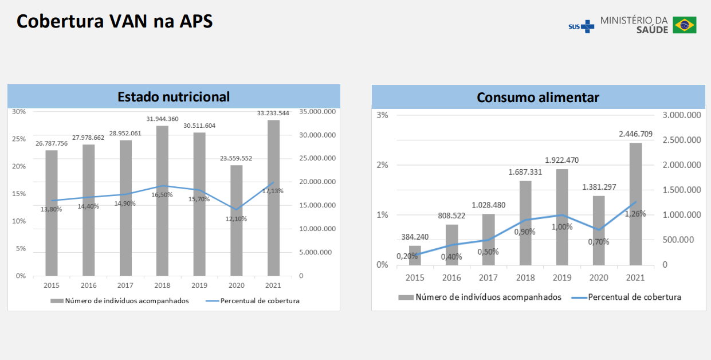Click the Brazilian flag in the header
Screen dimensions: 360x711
(x=685, y=25)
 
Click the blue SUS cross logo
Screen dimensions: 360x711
(x=588, y=26)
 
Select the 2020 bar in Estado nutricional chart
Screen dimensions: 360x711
(x=236, y=221)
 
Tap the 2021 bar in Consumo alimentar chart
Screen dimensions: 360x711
(x=635, y=204)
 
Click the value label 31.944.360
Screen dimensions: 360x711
(x=162, y=119)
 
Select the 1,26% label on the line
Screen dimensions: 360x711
(x=635, y=214)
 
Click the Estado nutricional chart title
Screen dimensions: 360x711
(x=174, y=97)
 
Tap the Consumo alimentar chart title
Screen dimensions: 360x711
(x=538, y=97)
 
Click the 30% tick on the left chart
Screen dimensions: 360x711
(x=19, y=112)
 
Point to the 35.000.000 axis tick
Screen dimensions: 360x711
(x=317, y=112)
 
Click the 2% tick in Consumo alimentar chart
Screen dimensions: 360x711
(x=382, y=165)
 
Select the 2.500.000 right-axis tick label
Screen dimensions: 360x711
(x=682, y=140)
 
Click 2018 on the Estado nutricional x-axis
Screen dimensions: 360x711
(x=162, y=285)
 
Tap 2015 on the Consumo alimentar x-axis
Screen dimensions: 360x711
(x=415, y=278)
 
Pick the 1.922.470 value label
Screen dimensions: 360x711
(x=561, y=161)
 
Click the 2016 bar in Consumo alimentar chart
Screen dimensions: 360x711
(x=452, y=245)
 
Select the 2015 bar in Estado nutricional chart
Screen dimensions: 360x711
(x=52, y=213)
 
